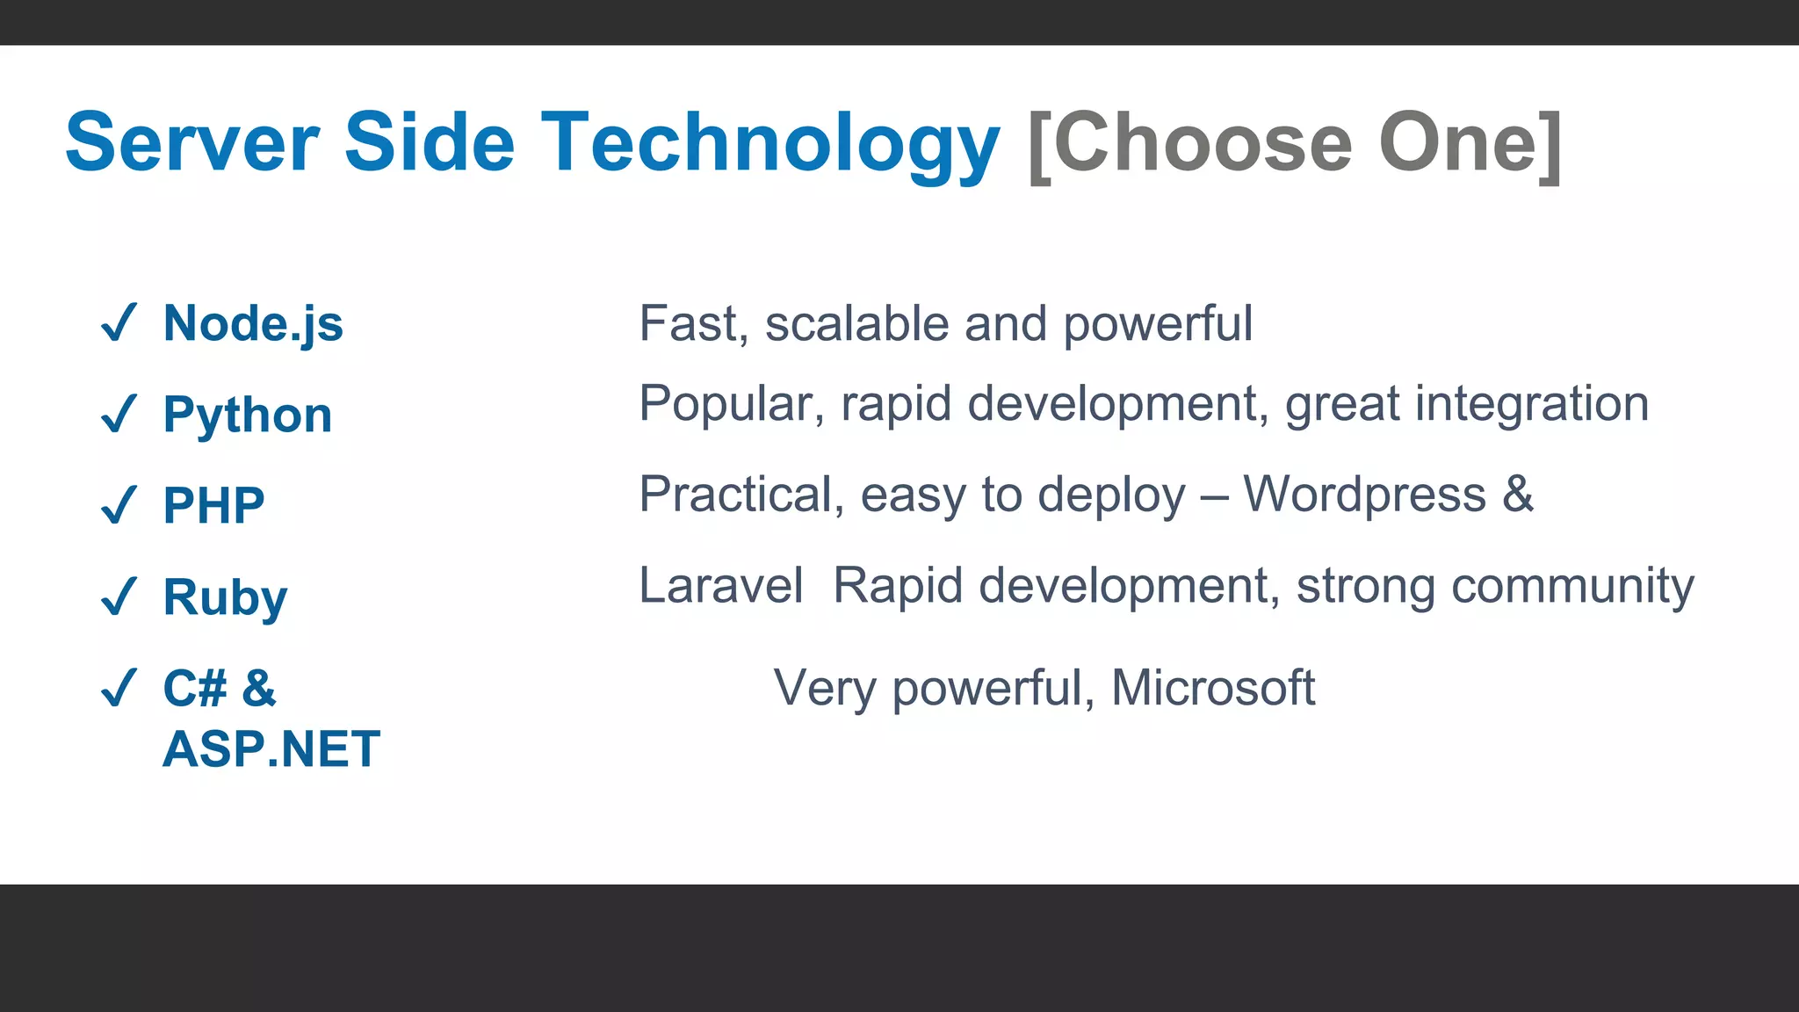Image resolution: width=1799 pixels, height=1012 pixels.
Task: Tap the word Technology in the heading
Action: tap(769, 142)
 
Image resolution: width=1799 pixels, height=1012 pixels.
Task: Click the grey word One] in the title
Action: tap(1470, 142)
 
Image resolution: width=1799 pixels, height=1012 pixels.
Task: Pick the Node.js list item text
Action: tap(253, 323)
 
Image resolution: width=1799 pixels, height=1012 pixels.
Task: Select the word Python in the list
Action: tap(248, 415)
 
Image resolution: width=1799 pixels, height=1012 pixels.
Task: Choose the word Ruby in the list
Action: tap(225, 597)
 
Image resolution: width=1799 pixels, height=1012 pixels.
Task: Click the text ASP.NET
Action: tap(271, 749)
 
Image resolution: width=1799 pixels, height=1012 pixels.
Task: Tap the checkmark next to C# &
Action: tap(119, 688)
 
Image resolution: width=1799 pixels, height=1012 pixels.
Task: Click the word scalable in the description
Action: tap(856, 323)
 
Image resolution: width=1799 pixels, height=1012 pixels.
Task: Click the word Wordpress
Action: tap(1364, 494)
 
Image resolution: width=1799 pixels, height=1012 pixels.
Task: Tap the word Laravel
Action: tap(720, 585)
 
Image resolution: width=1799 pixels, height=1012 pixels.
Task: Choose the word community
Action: tap(1572, 586)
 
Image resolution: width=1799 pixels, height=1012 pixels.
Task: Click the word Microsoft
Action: tap(1212, 688)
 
